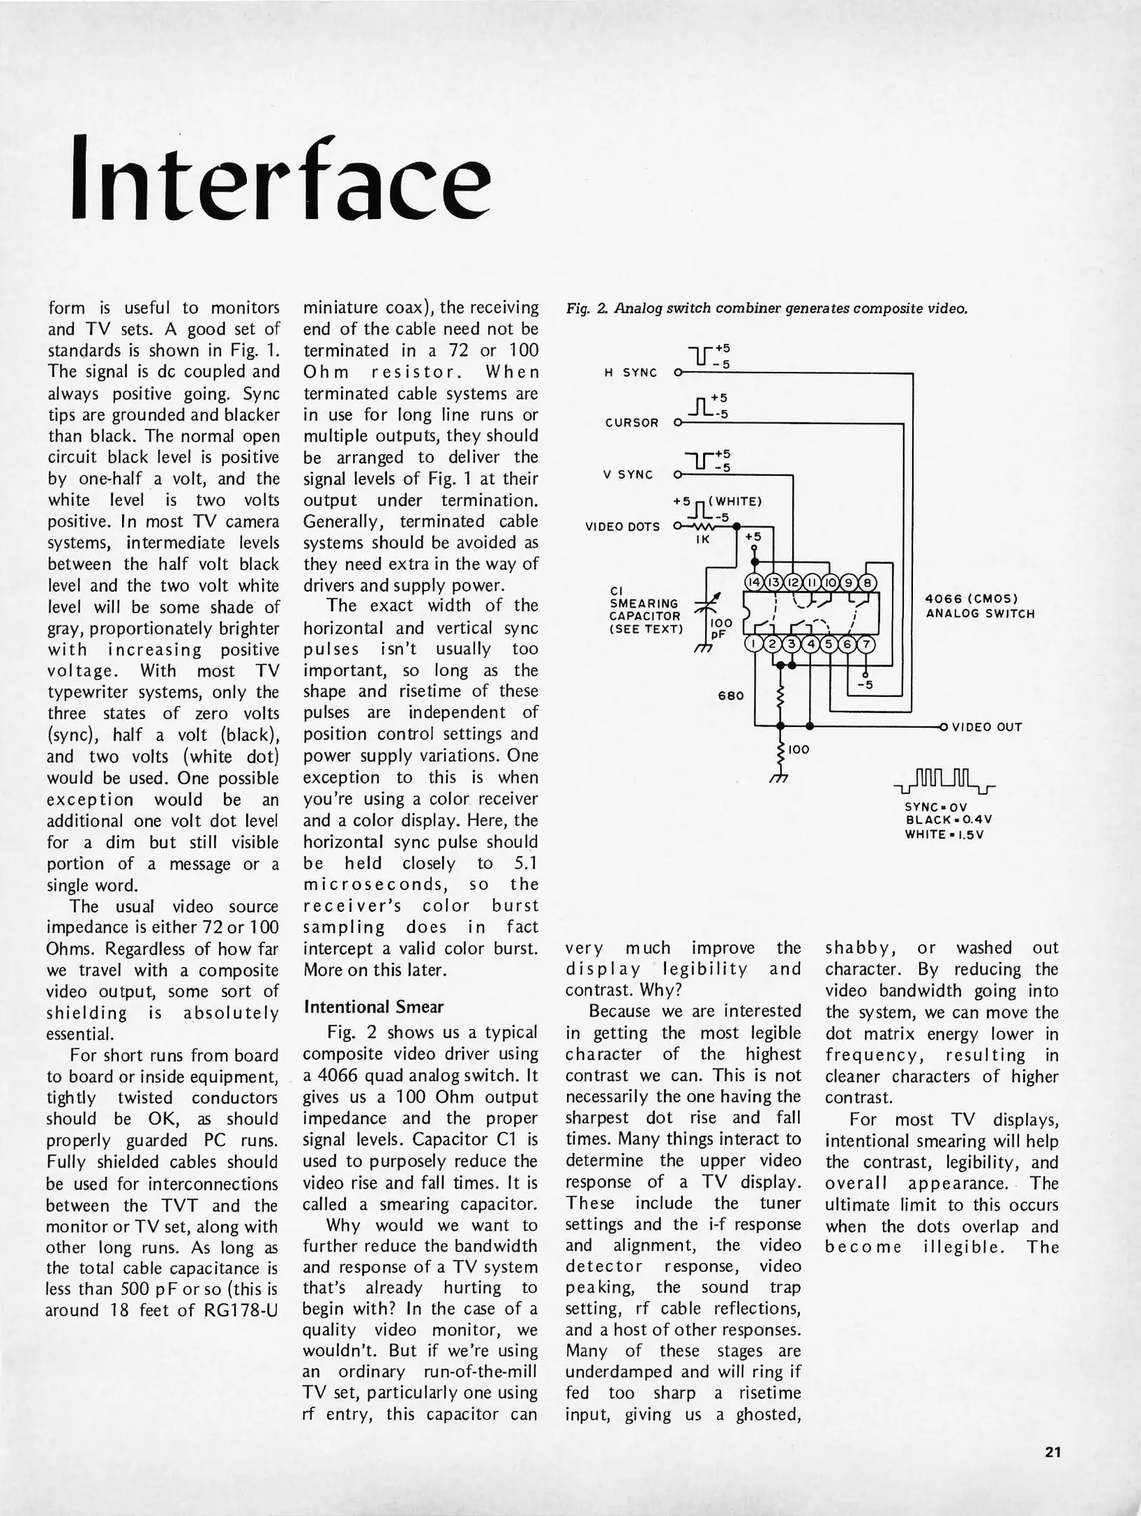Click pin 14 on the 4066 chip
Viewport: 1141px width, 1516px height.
[754, 583]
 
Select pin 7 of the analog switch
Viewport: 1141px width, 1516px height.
[867, 644]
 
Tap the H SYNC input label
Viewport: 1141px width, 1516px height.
[630, 373]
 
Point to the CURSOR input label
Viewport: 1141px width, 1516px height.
[632, 423]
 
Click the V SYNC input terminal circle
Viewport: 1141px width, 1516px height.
[678, 475]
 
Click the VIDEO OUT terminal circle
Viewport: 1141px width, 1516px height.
[944, 726]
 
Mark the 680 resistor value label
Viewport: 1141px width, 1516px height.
[730, 696]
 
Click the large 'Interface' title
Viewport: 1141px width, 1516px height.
[281, 179]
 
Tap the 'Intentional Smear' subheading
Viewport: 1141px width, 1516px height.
[373, 1007]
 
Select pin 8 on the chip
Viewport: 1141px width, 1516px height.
[867, 583]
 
